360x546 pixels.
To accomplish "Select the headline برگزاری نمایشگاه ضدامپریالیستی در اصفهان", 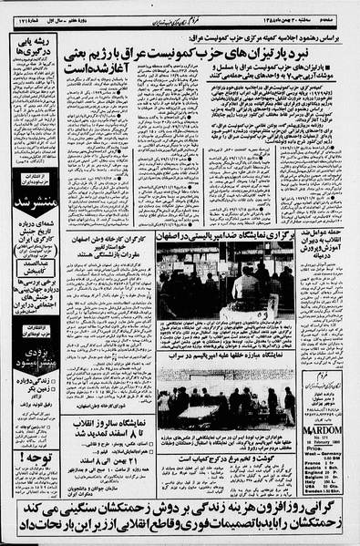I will [225, 235].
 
